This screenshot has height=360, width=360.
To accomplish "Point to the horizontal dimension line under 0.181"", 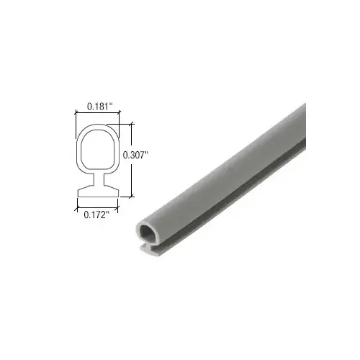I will click(x=97, y=114).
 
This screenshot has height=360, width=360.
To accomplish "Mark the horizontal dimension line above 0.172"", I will click(x=97, y=207).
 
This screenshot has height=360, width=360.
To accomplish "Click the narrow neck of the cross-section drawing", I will click(x=97, y=183).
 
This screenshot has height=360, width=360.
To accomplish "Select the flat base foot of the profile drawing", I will click(x=97, y=192).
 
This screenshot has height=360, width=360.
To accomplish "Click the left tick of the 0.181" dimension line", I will click(x=76, y=114).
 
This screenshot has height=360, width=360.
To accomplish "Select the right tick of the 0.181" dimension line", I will click(x=119, y=114).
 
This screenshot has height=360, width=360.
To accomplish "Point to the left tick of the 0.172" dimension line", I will click(x=76, y=207).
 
